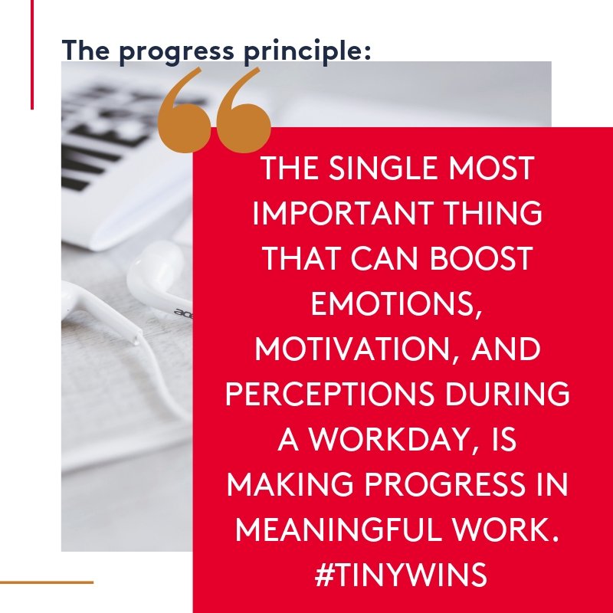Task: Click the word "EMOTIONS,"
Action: [396, 303]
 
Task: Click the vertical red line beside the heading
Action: [32, 54]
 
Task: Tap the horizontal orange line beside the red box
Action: [46, 582]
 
